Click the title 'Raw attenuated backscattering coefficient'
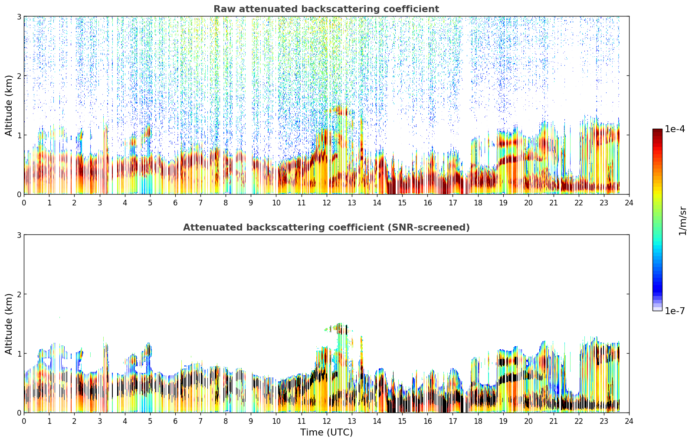(x=326, y=9)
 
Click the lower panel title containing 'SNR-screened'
(x=326, y=227)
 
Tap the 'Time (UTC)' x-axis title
(x=326, y=432)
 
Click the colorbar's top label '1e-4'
(x=675, y=129)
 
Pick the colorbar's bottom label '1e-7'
(x=675, y=311)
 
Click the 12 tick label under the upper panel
(x=327, y=203)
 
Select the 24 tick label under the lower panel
(x=629, y=421)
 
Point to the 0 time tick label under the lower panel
(x=24, y=421)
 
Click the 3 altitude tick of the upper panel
(x=19, y=16)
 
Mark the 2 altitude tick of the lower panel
(x=19, y=294)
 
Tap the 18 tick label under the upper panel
(x=478, y=203)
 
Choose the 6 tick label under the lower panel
(x=175, y=421)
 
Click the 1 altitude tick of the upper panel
(x=19, y=135)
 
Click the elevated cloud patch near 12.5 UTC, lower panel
(x=339, y=328)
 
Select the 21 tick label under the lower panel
(x=553, y=421)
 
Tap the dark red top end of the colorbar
(x=657, y=131)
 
